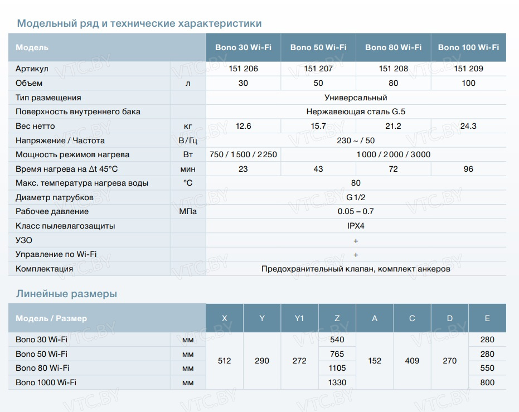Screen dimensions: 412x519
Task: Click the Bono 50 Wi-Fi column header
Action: pyautogui.click(x=318, y=47)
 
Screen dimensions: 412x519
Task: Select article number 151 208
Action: pyautogui.click(x=393, y=69)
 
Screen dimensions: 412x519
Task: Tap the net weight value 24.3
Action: pyautogui.click(x=468, y=126)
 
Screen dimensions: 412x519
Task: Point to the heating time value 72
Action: pyautogui.click(x=393, y=169)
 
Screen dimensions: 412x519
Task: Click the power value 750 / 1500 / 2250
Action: pyautogui.click(x=243, y=154)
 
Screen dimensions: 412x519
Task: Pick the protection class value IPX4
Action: pyautogui.click(x=356, y=226)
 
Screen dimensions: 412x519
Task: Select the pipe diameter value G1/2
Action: pyautogui.click(x=356, y=197)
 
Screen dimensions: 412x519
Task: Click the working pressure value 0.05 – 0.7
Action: pyautogui.click(x=356, y=211)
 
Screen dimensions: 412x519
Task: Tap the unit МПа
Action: pyautogui.click(x=188, y=211)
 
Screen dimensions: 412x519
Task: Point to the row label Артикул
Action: pyautogui.click(x=32, y=69)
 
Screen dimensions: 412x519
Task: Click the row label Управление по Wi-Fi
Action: pyautogui.click(x=52, y=254)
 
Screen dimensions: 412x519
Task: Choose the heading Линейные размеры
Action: pyautogui.click(x=67, y=294)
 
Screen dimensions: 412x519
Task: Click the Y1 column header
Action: pyautogui.click(x=299, y=318)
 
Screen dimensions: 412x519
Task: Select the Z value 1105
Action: pyautogui.click(x=337, y=368)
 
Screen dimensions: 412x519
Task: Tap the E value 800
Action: pyautogui.click(x=487, y=382)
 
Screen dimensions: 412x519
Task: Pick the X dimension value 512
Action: pyautogui.click(x=224, y=361)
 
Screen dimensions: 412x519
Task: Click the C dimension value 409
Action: pyautogui.click(x=412, y=361)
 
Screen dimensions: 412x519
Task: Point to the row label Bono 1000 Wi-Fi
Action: pyautogui.click(x=46, y=382)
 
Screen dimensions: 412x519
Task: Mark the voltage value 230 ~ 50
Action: pyautogui.click(x=356, y=140)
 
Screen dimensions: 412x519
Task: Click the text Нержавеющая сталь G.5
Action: pyautogui.click(x=356, y=112)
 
